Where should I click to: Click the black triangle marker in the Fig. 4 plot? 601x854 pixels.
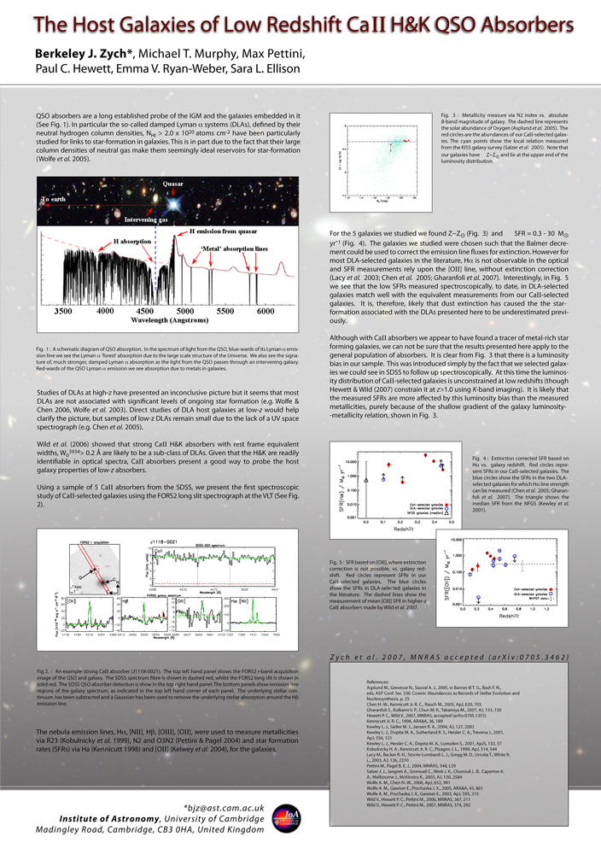(x=366, y=481)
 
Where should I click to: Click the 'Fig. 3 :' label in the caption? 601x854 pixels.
(x=449, y=114)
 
